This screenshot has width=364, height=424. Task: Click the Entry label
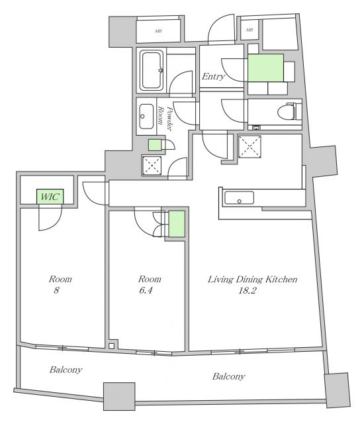pyautogui.click(x=213, y=77)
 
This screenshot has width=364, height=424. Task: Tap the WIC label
pyautogui.click(x=50, y=197)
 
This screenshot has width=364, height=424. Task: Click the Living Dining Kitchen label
pyautogui.click(x=252, y=279)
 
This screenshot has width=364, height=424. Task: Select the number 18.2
pyautogui.click(x=247, y=290)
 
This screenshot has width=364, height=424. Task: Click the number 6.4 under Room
pyautogui.click(x=146, y=290)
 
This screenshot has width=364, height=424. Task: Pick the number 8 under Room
pyautogui.click(x=56, y=290)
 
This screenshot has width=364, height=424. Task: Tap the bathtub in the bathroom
pyautogui.click(x=152, y=70)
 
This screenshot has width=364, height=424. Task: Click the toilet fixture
pyautogui.click(x=289, y=111)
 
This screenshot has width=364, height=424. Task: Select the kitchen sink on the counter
pyautogui.click(x=239, y=197)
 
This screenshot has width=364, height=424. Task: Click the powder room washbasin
pyautogui.click(x=147, y=117)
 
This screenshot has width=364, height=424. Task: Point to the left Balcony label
pyautogui.click(x=66, y=370)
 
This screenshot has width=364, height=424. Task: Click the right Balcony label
pyautogui.click(x=229, y=376)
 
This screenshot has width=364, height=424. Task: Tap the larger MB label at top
pyautogui.click(x=158, y=31)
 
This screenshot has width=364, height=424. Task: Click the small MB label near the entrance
pyautogui.click(x=250, y=30)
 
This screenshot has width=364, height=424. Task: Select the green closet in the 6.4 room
pyautogui.click(x=177, y=224)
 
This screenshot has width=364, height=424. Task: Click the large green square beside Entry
pyautogui.click(x=265, y=68)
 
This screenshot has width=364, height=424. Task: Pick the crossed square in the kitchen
pyautogui.click(x=250, y=147)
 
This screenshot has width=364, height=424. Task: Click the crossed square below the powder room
pyautogui.click(x=152, y=165)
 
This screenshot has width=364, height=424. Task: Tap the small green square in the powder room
pyautogui.click(x=155, y=145)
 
